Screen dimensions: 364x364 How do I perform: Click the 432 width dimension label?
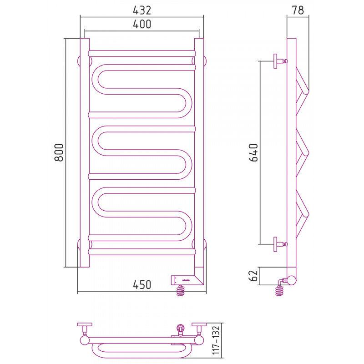point(142,10)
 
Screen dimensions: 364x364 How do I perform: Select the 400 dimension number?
point(142,24)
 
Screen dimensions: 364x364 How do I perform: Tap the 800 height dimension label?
point(59,152)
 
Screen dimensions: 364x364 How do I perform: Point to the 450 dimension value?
point(142,285)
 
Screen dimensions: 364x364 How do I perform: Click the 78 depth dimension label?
point(298,10)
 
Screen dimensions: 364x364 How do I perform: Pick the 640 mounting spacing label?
point(253,152)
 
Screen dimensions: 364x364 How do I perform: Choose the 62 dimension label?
point(253,276)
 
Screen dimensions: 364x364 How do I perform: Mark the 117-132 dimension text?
point(216,340)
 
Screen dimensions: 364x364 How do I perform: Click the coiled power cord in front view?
point(182,291)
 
